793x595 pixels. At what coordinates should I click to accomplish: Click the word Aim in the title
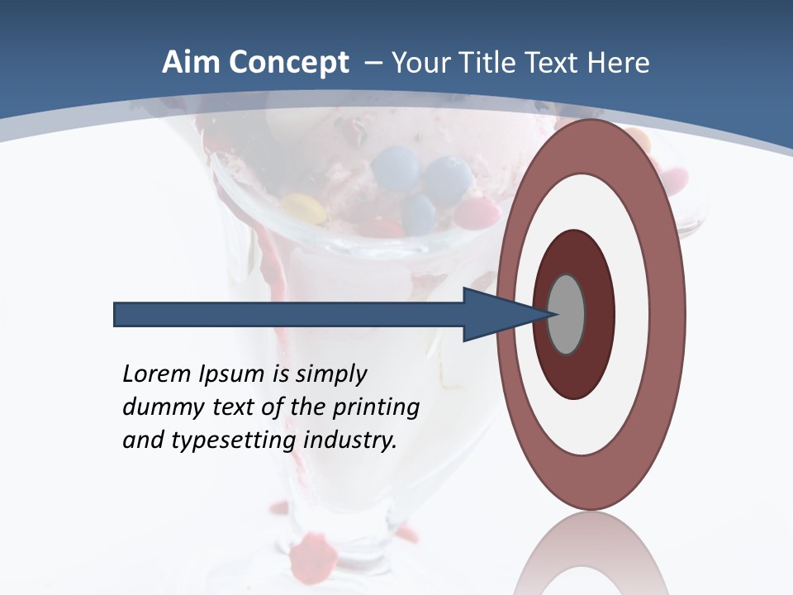point(192,63)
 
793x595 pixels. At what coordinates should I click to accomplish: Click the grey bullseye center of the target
point(567,314)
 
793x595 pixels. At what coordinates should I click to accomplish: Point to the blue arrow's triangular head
point(496,314)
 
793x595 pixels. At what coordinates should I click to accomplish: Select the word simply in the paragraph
point(330,375)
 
